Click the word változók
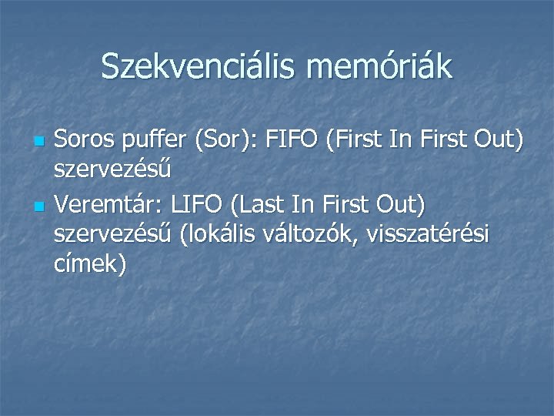click(312, 234)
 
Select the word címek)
click(91, 264)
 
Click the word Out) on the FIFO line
click(498, 142)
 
